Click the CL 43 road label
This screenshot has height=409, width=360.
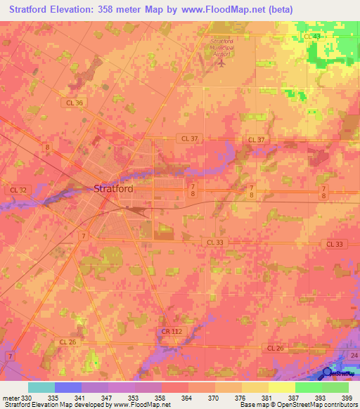[311, 36]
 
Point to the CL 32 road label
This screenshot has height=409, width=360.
[18, 190]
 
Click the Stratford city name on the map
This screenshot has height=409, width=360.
[113, 188]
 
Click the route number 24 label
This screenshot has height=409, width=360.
[353, 356]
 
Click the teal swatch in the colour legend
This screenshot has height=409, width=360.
[41, 387]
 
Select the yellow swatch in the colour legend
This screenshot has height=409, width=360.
[281, 387]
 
